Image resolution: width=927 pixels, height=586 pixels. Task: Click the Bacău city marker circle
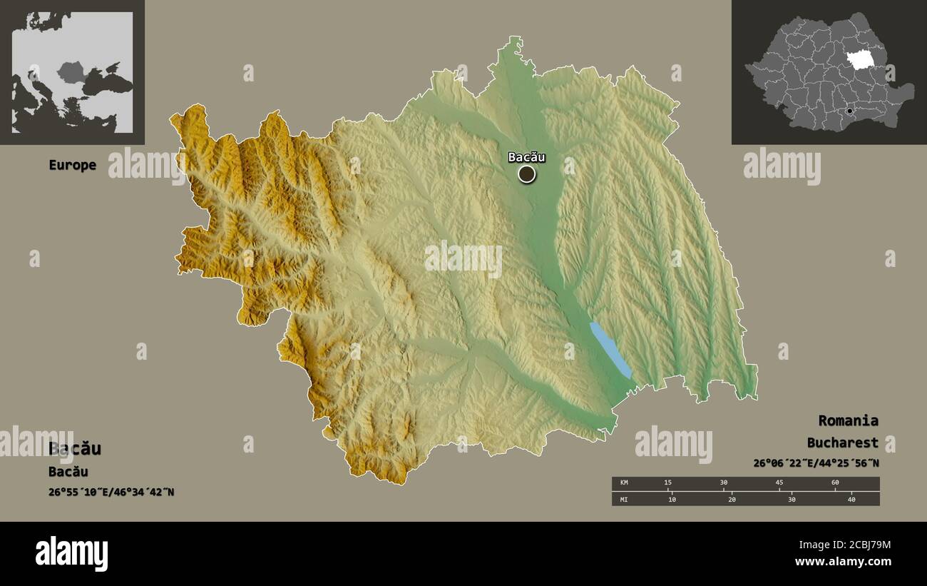[526, 174]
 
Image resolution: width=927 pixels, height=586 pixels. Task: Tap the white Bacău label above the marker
[526, 157]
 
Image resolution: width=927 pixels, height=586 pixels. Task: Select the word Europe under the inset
[72, 165]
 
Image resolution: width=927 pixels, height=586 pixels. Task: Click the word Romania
[848, 420]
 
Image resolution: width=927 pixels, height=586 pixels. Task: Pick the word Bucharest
[842, 443]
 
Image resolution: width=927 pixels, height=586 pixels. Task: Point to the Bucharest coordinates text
[816, 463]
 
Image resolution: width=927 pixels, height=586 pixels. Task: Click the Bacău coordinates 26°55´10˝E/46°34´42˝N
[111, 492]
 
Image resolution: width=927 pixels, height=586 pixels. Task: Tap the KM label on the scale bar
[625, 483]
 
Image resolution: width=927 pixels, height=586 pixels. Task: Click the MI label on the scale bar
[625, 499]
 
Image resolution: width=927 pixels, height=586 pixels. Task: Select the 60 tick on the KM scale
[835, 483]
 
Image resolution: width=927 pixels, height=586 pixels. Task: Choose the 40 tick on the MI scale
[851, 499]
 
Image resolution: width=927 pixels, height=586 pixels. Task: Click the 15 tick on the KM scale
[667, 483]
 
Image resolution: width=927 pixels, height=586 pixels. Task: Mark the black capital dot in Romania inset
[849, 111]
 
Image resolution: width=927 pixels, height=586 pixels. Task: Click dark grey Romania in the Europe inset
[71, 71]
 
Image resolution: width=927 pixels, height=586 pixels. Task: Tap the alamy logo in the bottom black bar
[71, 554]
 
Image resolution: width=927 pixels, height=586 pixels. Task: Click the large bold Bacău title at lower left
[75, 449]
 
